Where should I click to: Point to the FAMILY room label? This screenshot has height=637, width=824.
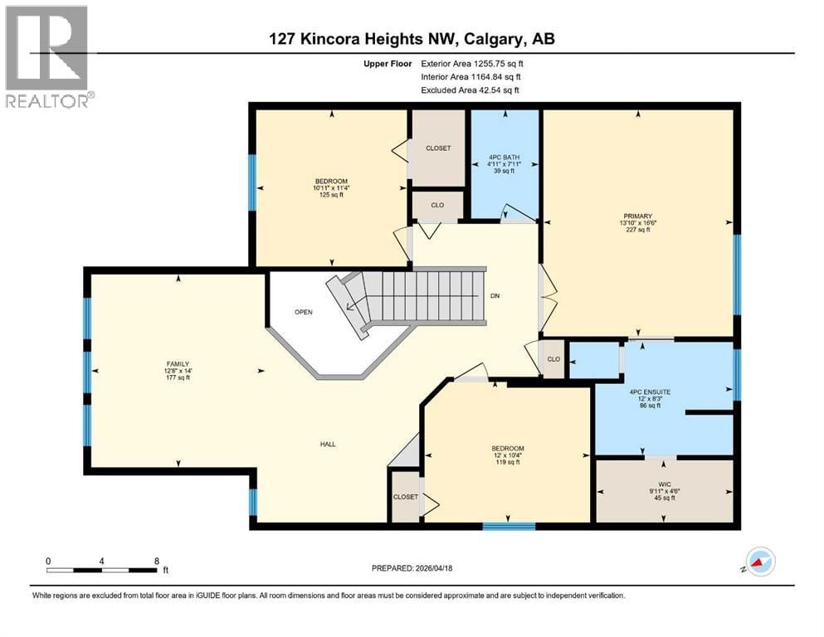178,363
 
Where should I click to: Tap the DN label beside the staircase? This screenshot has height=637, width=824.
495,295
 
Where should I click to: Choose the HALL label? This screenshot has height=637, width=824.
328,445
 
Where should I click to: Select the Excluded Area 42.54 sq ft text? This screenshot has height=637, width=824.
474,90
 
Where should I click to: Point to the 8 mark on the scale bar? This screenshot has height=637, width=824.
156,561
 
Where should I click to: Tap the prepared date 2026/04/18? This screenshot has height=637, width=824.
412,568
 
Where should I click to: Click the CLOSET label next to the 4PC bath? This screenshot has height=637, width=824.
438,148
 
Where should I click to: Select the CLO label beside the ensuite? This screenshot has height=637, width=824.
553,360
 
